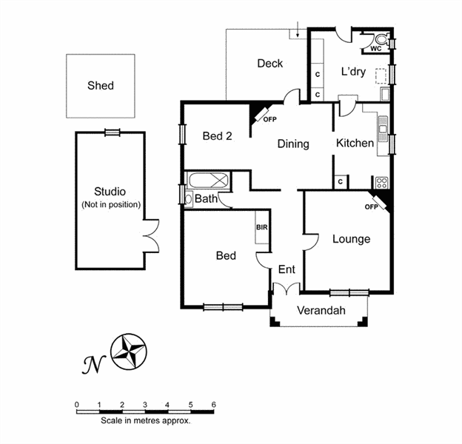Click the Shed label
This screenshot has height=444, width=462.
point(101,85)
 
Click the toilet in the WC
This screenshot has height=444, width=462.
point(381,41)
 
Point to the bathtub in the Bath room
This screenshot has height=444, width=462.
point(207,180)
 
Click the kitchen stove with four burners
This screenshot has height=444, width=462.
point(382,182)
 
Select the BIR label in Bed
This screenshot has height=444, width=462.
point(261,227)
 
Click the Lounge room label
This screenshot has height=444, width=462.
point(351,238)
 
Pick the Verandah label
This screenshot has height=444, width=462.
point(321,311)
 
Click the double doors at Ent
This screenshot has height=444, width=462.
point(287,289)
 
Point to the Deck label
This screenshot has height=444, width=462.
point(269,64)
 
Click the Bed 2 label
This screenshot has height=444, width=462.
point(218,135)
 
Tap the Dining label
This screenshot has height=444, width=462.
point(293,144)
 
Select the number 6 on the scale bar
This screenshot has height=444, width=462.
point(213,404)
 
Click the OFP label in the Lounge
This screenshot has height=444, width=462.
point(371,207)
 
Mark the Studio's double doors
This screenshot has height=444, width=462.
point(151,236)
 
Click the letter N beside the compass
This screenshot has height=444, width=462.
point(92,363)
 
